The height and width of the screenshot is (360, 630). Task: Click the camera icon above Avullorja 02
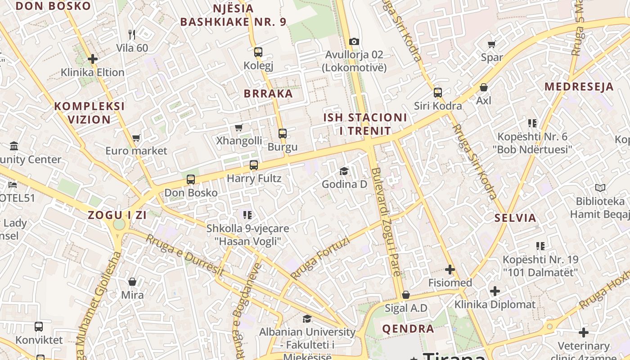coord(354,41)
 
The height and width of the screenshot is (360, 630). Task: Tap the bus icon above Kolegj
coord(258,52)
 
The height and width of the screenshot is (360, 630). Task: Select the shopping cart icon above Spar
coord(491,44)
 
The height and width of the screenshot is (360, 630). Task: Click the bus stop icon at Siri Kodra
coord(437,93)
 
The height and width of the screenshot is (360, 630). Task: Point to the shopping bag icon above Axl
coord(484,87)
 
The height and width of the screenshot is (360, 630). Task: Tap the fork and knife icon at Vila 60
coord(132,34)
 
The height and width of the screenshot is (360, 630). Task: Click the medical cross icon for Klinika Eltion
coord(93,59)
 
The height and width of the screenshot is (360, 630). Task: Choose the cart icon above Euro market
coord(136,138)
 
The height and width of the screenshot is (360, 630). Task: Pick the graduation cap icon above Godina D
coord(344,171)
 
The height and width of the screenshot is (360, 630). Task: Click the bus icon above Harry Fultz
coord(254,165)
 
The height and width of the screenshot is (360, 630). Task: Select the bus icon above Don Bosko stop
coord(191,180)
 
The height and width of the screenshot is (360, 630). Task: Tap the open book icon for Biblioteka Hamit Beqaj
coord(600,188)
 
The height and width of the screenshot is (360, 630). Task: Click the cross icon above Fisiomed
coord(450,270)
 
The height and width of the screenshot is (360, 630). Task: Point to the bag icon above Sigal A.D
coord(406,295)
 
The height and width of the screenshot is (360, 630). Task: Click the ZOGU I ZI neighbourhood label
coord(117,215)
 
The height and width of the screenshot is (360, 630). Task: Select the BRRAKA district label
coord(268,94)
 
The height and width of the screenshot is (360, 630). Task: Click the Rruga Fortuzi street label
coord(320,258)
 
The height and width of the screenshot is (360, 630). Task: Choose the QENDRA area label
coord(408,328)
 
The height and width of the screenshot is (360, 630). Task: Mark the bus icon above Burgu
coord(283,134)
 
